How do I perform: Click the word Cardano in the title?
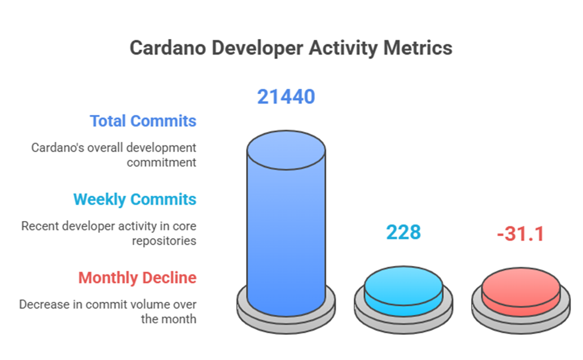tap(168, 47)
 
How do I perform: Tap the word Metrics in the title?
tap(418, 47)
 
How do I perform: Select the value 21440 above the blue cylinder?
tap(286, 96)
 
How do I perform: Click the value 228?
tap(403, 232)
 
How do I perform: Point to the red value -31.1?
tap(521, 234)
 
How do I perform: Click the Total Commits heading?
tap(143, 121)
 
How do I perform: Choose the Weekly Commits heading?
tap(135, 199)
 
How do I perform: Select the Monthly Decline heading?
tap(137, 278)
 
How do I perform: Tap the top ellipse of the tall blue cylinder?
tap(286, 150)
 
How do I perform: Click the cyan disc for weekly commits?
tap(403, 291)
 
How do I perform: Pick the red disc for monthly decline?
tap(521, 292)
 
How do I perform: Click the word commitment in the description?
tap(162, 162)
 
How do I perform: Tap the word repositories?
tap(164, 241)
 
